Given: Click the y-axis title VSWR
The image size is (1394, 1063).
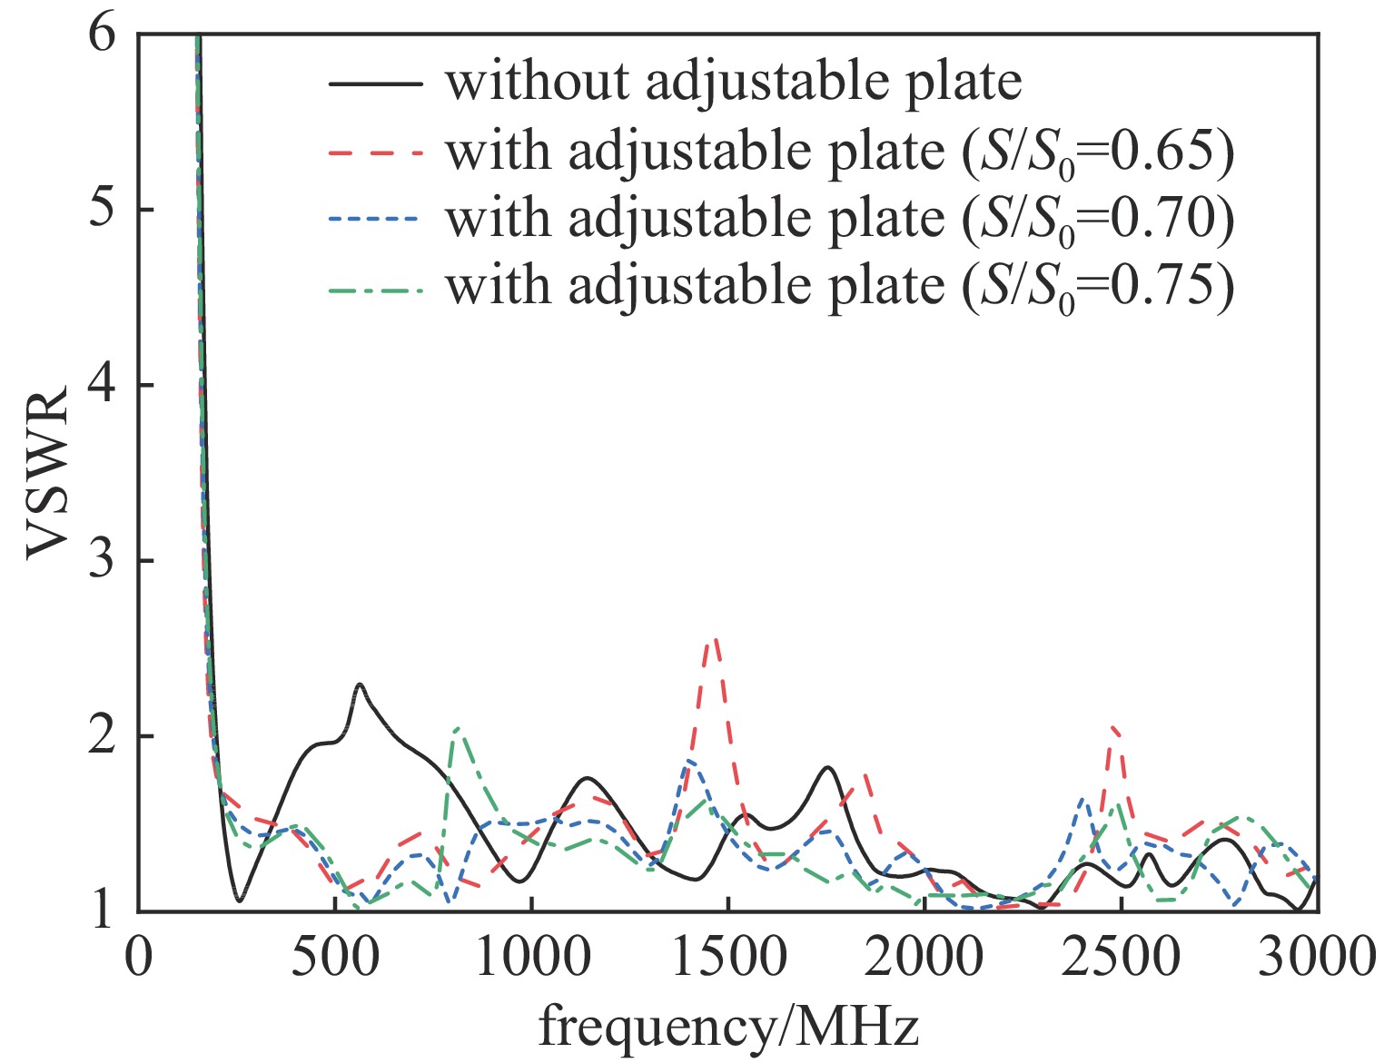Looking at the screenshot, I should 47,473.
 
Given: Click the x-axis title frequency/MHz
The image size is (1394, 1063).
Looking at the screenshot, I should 728,1028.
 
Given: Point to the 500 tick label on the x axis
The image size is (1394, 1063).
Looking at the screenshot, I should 334,958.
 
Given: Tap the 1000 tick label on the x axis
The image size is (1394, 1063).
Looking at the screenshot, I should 531,958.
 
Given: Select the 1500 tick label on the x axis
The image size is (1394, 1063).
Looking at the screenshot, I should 727,958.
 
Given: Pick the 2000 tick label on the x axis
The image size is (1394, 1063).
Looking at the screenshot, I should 924,958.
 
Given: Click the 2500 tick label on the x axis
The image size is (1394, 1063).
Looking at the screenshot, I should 1121,958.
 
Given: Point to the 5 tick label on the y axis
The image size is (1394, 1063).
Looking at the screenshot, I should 104,211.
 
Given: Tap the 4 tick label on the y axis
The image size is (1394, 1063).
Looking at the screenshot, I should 104,386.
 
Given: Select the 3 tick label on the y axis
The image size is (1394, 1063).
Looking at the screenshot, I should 104,561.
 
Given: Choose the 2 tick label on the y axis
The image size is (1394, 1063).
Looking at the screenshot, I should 104,736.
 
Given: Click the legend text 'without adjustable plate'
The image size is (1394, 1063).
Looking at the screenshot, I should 733,82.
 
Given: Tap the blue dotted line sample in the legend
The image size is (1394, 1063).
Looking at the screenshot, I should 375,220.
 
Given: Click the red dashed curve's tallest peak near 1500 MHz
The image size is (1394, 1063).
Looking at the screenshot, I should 715,639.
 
